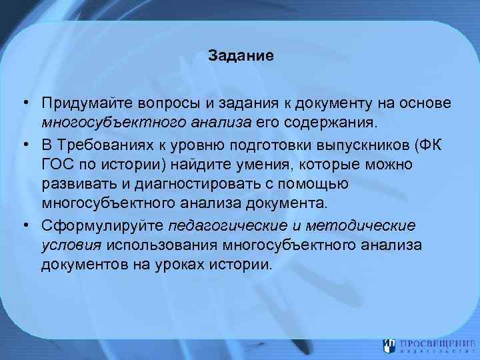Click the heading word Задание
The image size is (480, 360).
240,55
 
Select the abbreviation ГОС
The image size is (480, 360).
56,163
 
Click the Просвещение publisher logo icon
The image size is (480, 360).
391,344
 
